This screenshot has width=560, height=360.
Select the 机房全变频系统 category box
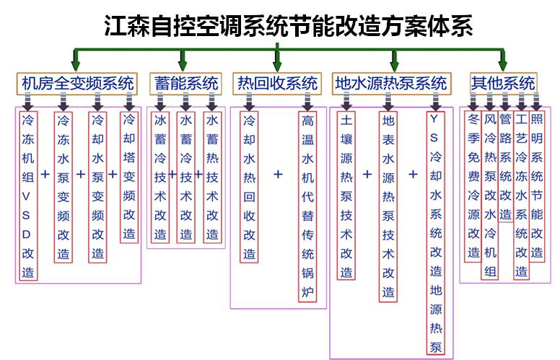[x=77, y=82]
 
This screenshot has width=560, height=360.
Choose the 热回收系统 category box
[x=277, y=83]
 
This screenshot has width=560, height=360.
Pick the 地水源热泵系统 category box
[x=390, y=83]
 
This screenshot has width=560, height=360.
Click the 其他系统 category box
[x=503, y=82]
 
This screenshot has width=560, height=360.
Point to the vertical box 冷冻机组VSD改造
[x=28, y=195]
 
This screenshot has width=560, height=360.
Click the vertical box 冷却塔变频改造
[x=129, y=177]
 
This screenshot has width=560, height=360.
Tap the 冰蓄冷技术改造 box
[x=160, y=177]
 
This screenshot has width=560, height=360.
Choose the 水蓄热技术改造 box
[x=212, y=177]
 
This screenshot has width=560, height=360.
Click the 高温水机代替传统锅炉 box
[x=307, y=206]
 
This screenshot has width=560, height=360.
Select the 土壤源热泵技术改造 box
[x=346, y=196]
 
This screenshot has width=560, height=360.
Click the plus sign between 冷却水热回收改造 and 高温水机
[x=278, y=175]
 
